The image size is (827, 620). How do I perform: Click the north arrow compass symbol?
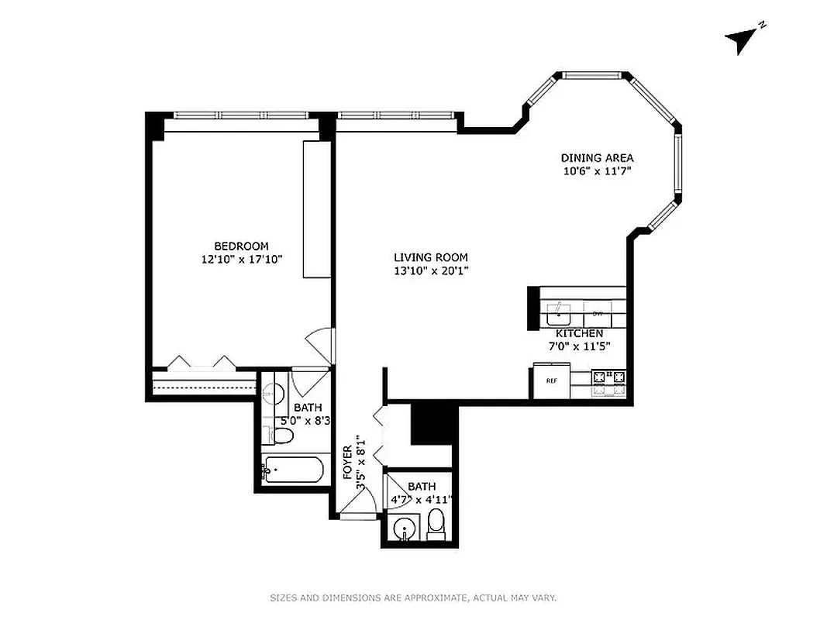743,39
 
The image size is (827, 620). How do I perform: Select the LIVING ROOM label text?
430,257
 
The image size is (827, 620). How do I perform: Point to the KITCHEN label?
574,333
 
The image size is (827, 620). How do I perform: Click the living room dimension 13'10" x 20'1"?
431,270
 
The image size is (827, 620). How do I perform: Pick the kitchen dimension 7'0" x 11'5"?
574,346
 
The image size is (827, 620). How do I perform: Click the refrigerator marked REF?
551,381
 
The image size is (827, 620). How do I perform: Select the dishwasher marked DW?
598,314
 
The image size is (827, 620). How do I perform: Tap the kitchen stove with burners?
609,379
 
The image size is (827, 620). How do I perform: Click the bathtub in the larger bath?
291,470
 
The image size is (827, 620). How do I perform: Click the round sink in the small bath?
404,532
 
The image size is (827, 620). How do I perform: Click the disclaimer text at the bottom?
413,598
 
